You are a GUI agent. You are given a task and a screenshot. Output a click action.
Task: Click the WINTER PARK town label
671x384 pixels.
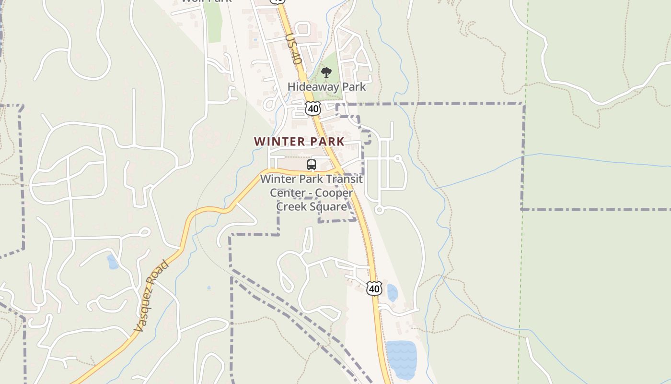point(299,142)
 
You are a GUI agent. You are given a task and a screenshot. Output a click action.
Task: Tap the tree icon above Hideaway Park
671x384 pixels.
point(326,73)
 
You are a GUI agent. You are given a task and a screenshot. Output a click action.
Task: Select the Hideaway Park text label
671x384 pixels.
point(326,87)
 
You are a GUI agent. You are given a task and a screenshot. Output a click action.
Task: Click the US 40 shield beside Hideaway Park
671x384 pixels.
point(313,108)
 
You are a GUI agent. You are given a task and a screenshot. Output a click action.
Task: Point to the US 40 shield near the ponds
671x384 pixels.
point(374,288)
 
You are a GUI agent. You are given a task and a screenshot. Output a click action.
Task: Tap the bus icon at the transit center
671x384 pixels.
point(312,165)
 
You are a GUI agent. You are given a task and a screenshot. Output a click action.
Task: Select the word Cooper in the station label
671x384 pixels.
point(337,193)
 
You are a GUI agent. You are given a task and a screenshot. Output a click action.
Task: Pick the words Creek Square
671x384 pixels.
point(312,206)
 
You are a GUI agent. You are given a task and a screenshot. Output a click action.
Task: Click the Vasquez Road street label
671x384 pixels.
point(151,297)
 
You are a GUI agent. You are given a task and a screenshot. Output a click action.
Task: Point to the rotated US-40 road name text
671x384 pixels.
point(293,49)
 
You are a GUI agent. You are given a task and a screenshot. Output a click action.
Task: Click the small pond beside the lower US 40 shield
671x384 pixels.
point(392,292)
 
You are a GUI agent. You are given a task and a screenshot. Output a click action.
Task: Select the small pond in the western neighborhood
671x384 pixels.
point(113,262)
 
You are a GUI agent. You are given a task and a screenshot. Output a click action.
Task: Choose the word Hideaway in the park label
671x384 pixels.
point(310,87)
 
